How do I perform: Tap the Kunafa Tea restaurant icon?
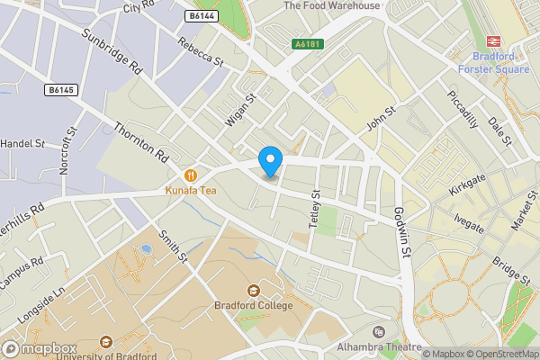click(x=190, y=175)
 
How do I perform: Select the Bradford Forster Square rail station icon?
click(x=492, y=40)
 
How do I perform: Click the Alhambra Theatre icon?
click(x=378, y=333)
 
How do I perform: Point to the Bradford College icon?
click(x=253, y=291)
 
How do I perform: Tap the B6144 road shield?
click(x=202, y=16)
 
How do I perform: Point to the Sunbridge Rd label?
click(x=112, y=55)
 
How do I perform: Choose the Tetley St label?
click(x=315, y=209)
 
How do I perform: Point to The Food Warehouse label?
click(x=331, y=5)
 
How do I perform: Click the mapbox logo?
click(x=39, y=349)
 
